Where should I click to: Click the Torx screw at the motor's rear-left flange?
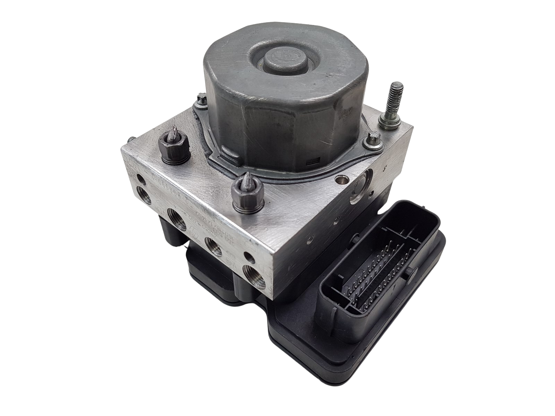200,101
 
